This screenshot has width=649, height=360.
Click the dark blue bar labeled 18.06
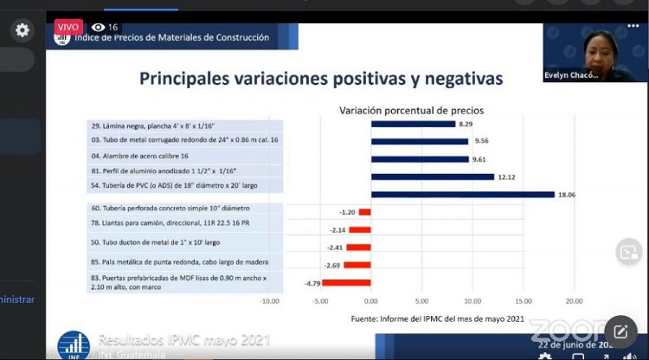click(463, 194)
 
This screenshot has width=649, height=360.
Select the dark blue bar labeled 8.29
click(413, 124)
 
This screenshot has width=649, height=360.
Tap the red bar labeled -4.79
click(346, 282)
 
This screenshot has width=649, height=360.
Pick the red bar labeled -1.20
click(364, 212)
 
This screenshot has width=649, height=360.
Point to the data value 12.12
click(508, 177)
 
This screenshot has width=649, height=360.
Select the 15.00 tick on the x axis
click(523, 301)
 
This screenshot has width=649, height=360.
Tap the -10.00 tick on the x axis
click(269, 301)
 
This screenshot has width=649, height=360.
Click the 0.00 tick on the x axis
click(371, 301)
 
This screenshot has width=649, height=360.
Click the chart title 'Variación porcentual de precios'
click(412, 111)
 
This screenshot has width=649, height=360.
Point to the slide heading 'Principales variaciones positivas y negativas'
click(321, 79)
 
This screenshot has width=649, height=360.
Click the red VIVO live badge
click(67, 27)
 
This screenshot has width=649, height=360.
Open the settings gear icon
click(22, 30)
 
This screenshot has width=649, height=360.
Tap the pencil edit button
click(620, 331)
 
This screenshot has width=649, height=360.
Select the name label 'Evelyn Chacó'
click(572, 75)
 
